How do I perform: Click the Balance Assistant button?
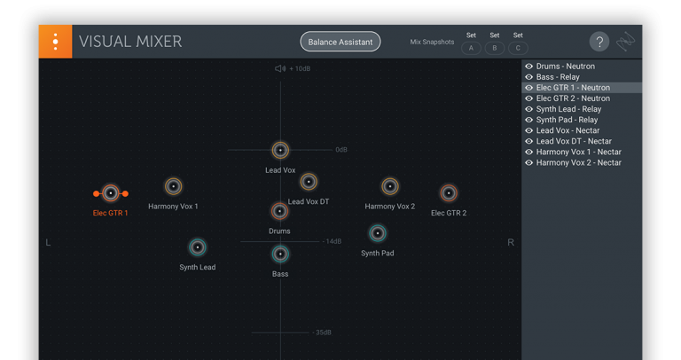pos(340,42)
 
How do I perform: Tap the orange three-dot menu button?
pos(55,42)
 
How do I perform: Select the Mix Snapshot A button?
pos(471,48)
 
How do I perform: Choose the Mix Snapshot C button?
pos(518,48)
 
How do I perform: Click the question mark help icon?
pos(599,42)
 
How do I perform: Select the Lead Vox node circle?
pos(280,150)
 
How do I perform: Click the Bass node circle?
pos(280,254)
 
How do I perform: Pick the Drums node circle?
pos(279,212)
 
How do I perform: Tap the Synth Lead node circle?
pos(198,247)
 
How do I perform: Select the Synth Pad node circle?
pos(378,233)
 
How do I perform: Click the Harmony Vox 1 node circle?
pos(173,186)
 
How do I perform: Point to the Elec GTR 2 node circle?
pos(449,192)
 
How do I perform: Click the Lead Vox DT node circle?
pos(309,182)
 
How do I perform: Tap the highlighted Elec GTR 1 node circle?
pos(111,193)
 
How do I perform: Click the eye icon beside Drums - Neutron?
pos(529,67)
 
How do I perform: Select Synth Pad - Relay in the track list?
pos(567,120)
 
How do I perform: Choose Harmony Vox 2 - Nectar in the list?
pos(578,163)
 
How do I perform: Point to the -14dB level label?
pos(333,241)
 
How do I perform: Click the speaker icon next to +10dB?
pos(280,68)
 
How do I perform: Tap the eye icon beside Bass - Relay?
pos(529,77)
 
